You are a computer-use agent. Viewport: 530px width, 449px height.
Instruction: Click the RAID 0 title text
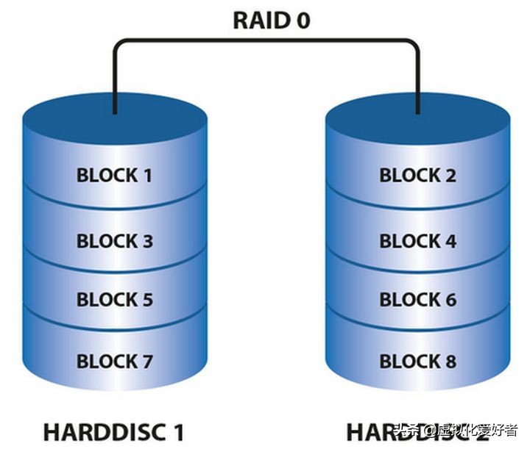tap(271, 20)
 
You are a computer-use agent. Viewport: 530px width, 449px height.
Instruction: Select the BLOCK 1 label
tap(115, 176)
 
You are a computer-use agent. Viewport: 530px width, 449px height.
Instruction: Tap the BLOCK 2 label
tap(417, 176)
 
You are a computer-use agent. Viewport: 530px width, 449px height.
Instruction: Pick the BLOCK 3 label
tap(115, 241)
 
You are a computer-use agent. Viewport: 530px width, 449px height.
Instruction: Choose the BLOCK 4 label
tap(417, 241)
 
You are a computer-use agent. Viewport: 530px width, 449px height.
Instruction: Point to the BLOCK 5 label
tap(115, 300)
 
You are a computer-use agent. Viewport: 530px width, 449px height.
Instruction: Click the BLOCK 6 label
tap(417, 300)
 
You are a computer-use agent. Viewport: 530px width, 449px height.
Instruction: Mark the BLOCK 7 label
tap(115, 362)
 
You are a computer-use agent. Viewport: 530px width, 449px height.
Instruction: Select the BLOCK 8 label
tap(417, 362)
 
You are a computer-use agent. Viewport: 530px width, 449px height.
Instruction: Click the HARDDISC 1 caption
tap(114, 431)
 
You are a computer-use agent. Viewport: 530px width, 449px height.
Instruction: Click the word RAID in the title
tap(259, 20)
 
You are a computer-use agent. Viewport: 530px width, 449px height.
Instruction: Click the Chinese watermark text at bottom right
tap(456, 431)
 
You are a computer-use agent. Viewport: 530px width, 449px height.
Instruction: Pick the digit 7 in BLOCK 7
tap(146, 362)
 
